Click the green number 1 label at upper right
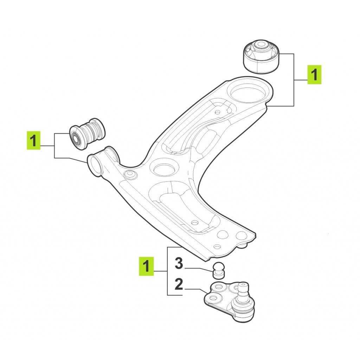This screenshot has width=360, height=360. (314, 75)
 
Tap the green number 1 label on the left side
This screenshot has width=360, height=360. (33, 140)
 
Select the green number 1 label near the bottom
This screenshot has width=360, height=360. (146, 266)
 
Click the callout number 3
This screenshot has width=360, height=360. (179, 264)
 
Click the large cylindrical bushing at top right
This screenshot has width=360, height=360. (262, 57)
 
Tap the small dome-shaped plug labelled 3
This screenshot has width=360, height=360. (218, 270)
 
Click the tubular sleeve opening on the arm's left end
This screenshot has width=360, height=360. (95, 165)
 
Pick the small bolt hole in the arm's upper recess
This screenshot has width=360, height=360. (218, 112)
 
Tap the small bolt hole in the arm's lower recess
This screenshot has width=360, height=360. (195, 223)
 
